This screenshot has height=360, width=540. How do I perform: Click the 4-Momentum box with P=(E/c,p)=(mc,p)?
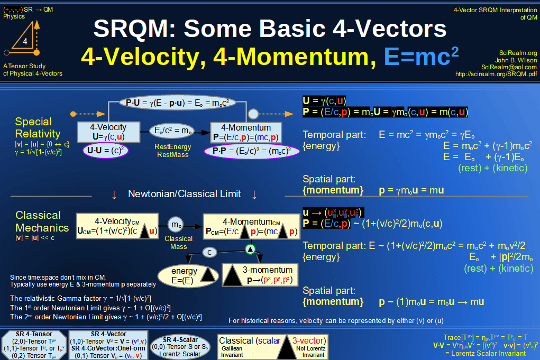point(245,132)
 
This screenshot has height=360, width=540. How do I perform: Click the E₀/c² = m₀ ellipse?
point(172,131)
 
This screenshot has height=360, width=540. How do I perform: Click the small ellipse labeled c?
point(210,252)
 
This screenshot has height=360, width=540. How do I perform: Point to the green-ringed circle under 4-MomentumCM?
point(251,248)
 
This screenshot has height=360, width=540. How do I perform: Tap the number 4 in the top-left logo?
point(25,41)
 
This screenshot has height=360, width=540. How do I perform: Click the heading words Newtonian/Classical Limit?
point(184,194)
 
